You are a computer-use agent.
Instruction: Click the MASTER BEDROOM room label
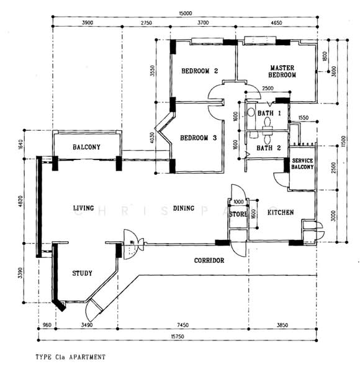point(282,71)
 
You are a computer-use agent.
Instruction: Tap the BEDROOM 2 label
point(199,71)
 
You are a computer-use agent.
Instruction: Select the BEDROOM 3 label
point(199,138)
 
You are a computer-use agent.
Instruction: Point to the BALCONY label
point(86,147)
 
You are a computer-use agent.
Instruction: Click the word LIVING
point(83,208)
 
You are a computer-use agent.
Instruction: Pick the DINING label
point(184,208)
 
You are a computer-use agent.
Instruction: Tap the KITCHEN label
point(281,212)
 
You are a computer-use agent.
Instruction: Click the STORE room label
point(238,215)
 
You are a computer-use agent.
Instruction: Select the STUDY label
point(82,273)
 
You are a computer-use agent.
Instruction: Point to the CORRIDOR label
point(209,260)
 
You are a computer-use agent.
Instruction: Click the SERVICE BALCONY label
point(302,164)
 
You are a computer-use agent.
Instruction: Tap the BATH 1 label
point(269,113)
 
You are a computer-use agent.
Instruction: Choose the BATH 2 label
point(269,148)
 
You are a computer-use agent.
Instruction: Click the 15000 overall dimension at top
point(186,14)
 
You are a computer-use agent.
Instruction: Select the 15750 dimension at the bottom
point(178,337)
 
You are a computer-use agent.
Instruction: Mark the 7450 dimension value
point(183,325)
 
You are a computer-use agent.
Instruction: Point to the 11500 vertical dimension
point(344,141)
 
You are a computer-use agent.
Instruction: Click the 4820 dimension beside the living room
point(20,201)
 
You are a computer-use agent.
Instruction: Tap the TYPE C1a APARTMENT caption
point(70,357)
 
